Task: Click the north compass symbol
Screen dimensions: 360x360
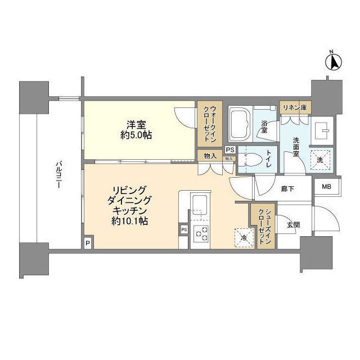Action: pyautogui.click(x=334, y=61)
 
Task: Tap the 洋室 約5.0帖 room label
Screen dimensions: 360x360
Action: pyautogui.click(x=136, y=130)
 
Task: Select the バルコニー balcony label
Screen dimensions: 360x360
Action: pyautogui.click(x=59, y=175)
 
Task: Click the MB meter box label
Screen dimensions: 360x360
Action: pyautogui.click(x=326, y=187)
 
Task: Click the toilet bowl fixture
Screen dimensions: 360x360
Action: pyautogui.click(x=251, y=159)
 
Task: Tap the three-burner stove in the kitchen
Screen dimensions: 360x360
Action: pyautogui.click(x=201, y=234)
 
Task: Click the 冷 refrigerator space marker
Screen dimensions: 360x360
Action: pyautogui.click(x=244, y=238)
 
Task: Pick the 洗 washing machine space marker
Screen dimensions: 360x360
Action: pyautogui.click(x=320, y=160)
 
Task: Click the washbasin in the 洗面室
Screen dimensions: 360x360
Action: pyautogui.click(x=322, y=130)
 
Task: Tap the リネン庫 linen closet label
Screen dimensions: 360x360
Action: pyautogui.click(x=295, y=107)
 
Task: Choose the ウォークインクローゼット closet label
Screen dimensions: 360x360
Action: pyautogui.click(x=210, y=124)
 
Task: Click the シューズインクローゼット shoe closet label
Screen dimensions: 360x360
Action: pyautogui.click(x=264, y=226)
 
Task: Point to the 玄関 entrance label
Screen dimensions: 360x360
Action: pyautogui.click(x=293, y=225)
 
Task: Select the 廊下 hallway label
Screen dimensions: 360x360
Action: pyautogui.click(x=287, y=189)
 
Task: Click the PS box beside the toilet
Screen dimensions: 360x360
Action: pyautogui.click(x=230, y=150)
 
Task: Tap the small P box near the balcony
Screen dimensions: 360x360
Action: pyautogui.click(x=88, y=242)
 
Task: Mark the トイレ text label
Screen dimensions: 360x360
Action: pyautogui.click(x=269, y=159)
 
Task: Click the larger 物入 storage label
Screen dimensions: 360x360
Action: pyautogui.click(x=210, y=156)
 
